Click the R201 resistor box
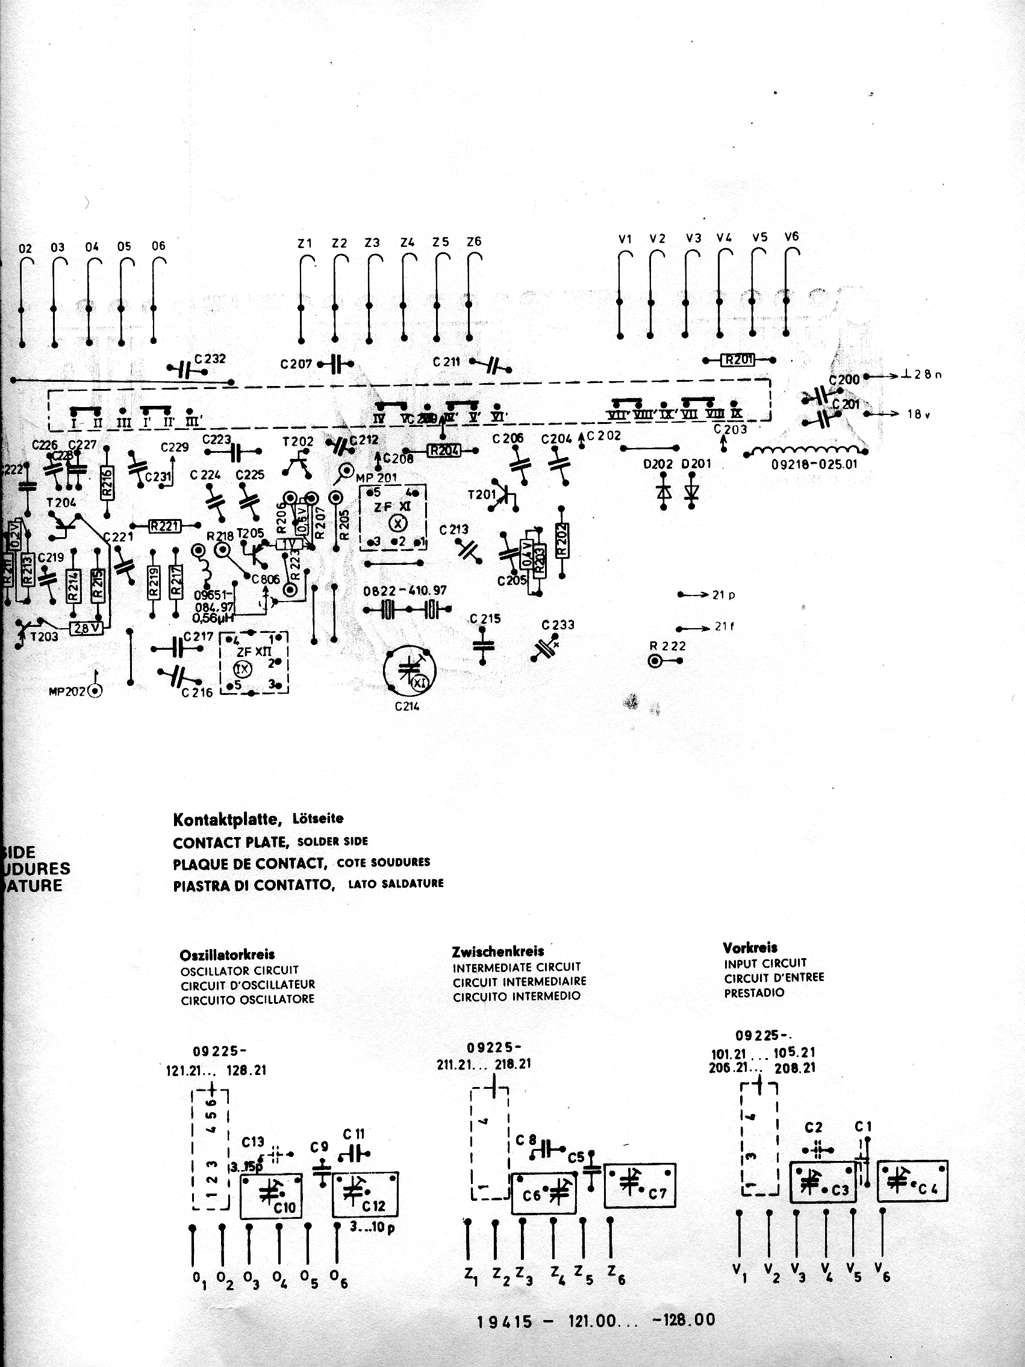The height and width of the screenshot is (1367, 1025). [738, 359]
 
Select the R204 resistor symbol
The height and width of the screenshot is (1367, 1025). [444, 450]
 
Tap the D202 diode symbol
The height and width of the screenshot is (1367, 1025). [664, 491]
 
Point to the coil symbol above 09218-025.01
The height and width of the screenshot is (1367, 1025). [802, 452]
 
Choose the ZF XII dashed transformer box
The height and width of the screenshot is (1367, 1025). [255, 662]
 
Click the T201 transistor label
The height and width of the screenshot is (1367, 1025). [482, 494]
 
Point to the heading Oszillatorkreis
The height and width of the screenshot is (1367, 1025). [227, 954]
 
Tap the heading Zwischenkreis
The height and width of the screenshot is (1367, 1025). [498, 951]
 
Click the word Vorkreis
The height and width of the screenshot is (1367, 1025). [749, 947]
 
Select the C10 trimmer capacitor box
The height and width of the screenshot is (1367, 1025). [270, 1196]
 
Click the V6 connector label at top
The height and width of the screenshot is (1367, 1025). [791, 237]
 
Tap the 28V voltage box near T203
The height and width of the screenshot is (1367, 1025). [87, 629]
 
